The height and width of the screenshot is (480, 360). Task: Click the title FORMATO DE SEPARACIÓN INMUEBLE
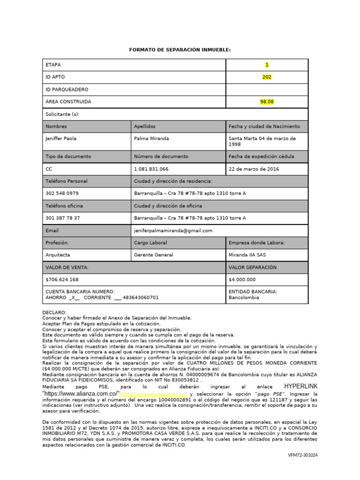[x=180, y=50]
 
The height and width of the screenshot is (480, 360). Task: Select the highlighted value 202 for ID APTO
[x=267, y=77]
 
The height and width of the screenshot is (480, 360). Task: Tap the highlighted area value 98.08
[x=267, y=101]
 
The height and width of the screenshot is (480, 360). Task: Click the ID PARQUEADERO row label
[x=67, y=89]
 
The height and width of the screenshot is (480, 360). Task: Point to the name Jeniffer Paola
[x=61, y=138]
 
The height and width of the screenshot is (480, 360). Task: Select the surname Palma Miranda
[x=151, y=138]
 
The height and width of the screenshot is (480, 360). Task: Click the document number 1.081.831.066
[x=151, y=169]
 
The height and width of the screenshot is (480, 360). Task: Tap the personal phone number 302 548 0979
[x=62, y=193]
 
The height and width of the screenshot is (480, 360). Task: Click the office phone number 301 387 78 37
[x=62, y=218]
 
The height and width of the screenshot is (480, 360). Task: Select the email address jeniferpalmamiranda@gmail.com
[x=173, y=231]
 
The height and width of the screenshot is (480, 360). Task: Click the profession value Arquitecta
[x=58, y=255]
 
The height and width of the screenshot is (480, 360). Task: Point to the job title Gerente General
[x=153, y=255]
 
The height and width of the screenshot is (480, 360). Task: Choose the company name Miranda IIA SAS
[x=248, y=255]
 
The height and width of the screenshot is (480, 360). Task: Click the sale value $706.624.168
[x=62, y=279]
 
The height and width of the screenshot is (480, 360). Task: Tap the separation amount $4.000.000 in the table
[x=242, y=279]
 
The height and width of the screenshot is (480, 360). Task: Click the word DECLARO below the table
[x=54, y=312]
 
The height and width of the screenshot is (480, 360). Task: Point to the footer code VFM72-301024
[x=302, y=455]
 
